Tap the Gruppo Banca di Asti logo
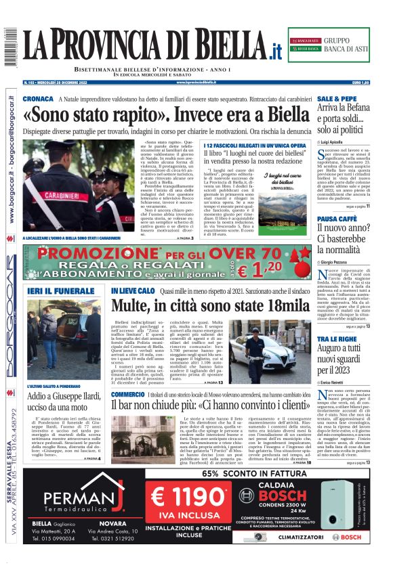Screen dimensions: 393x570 (329, 45)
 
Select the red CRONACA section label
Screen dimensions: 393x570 (38, 99)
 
